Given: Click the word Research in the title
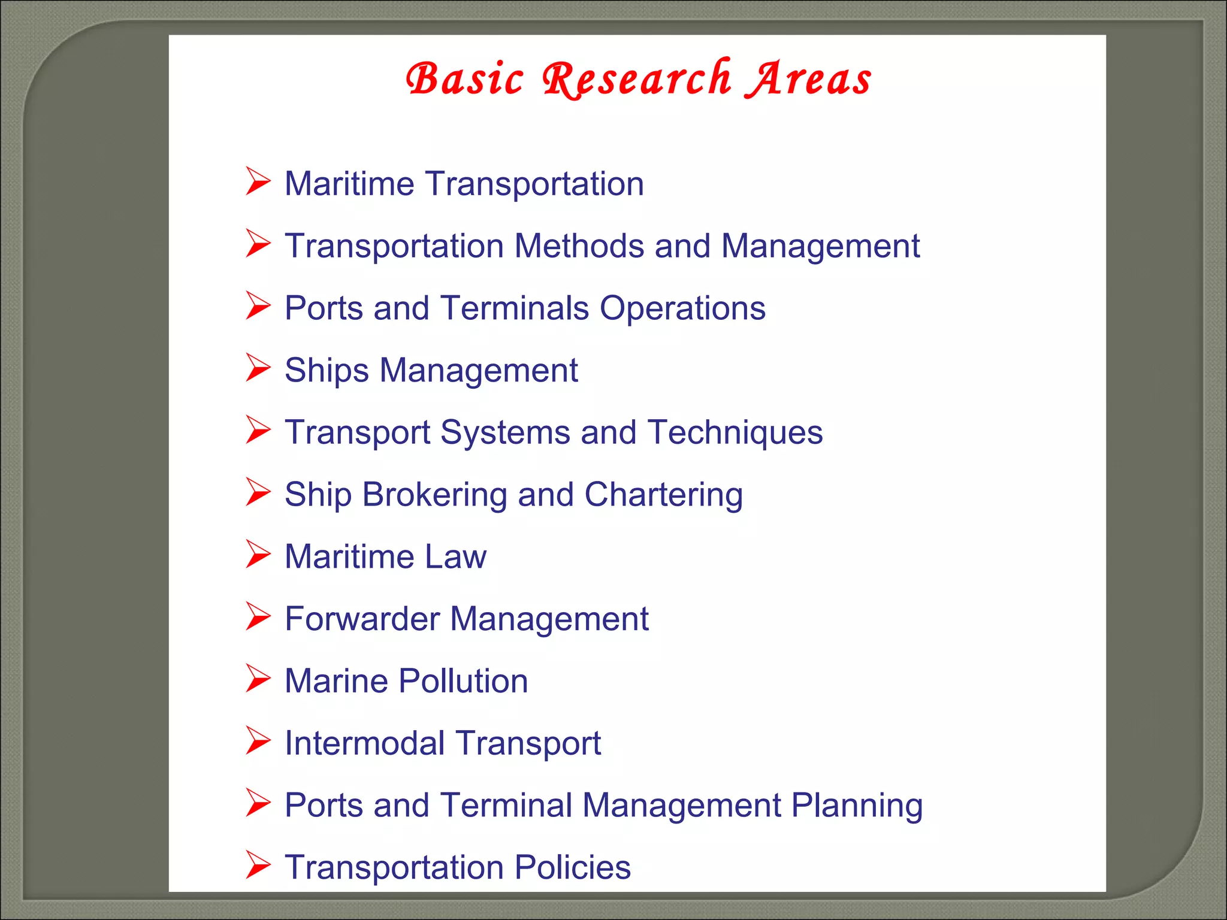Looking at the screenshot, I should click(x=636, y=79).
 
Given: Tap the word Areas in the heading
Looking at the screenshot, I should click(x=808, y=79).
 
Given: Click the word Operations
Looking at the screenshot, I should click(x=682, y=308).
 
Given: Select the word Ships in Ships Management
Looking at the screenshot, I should click(x=327, y=370).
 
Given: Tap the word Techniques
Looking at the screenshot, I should click(x=735, y=432).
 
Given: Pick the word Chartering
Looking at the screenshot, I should click(x=663, y=495).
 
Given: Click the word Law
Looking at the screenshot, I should click(x=455, y=556).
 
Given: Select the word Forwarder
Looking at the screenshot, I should click(x=362, y=619).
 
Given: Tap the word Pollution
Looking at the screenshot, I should click(x=463, y=681).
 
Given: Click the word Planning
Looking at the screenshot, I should click(x=857, y=806).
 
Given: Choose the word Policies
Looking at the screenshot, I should click(x=573, y=867).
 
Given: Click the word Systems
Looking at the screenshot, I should click(x=505, y=432).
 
